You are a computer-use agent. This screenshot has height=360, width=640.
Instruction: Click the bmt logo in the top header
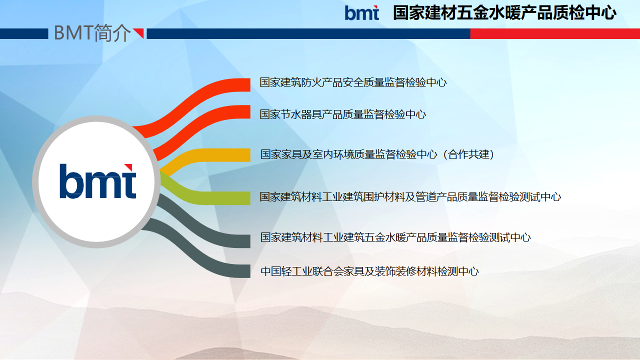[x=361, y=13]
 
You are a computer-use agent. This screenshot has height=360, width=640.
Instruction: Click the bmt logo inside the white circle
[x=97, y=181]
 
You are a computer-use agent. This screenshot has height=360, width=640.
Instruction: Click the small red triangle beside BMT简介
[x=138, y=33]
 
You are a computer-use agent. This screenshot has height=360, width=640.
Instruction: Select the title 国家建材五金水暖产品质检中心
[x=504, y=13]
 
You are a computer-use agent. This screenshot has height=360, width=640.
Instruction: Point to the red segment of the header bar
[x=555, y=33]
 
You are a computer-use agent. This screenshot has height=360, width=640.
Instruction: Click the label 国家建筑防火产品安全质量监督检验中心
[x=353, y=82]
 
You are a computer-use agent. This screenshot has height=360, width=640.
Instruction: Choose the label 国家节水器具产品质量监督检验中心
[x=342, y=114]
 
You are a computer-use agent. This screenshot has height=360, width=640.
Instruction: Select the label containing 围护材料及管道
[x=410, y=197]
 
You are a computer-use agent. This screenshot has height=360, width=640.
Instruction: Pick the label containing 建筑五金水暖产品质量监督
[x=395, y=237]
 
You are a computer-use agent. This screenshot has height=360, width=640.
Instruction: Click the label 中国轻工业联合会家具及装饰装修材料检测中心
[x=369, y=271]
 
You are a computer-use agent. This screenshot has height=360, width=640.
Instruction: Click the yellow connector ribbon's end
[x=248, y=155]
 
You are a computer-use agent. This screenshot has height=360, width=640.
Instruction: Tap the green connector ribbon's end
[x=248, y=198]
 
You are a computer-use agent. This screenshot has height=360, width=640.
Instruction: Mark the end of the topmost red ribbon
[x=248, y=85]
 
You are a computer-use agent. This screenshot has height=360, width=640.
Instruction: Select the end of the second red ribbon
[x=248, y=111]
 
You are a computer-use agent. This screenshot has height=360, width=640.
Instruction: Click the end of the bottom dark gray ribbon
[x=248, y=271]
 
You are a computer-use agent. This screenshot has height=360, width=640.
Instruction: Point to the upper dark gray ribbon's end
[x=248, y=241]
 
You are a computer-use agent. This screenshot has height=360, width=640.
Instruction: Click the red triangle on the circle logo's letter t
[x=129, y=167]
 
